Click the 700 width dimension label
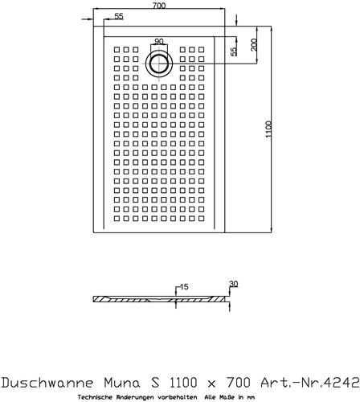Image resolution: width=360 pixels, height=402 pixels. [159, 6]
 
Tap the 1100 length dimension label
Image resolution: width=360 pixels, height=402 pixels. [268, 129]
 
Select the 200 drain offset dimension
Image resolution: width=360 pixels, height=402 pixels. [254, 45]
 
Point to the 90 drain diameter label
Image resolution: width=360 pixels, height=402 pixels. [159, 41]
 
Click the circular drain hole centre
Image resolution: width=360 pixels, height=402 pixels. [159, 64]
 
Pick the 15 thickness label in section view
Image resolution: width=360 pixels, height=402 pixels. [184, 287]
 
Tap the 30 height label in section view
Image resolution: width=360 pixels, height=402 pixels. [234, 284]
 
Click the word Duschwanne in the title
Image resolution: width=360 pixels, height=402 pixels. [47, 382]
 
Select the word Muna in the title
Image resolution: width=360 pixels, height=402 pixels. [122, 382]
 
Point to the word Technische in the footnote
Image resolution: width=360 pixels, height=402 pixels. [90, 397]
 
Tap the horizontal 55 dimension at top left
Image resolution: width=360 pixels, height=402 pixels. [119, 16]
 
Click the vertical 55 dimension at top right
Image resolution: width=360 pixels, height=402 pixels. [234, 51]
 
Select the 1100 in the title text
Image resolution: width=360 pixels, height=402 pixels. [183, 382]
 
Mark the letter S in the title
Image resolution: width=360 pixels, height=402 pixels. [155, 382]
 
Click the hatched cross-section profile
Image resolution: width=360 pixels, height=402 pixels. [162, 299]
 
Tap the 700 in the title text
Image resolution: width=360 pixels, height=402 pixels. [239, 382]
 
